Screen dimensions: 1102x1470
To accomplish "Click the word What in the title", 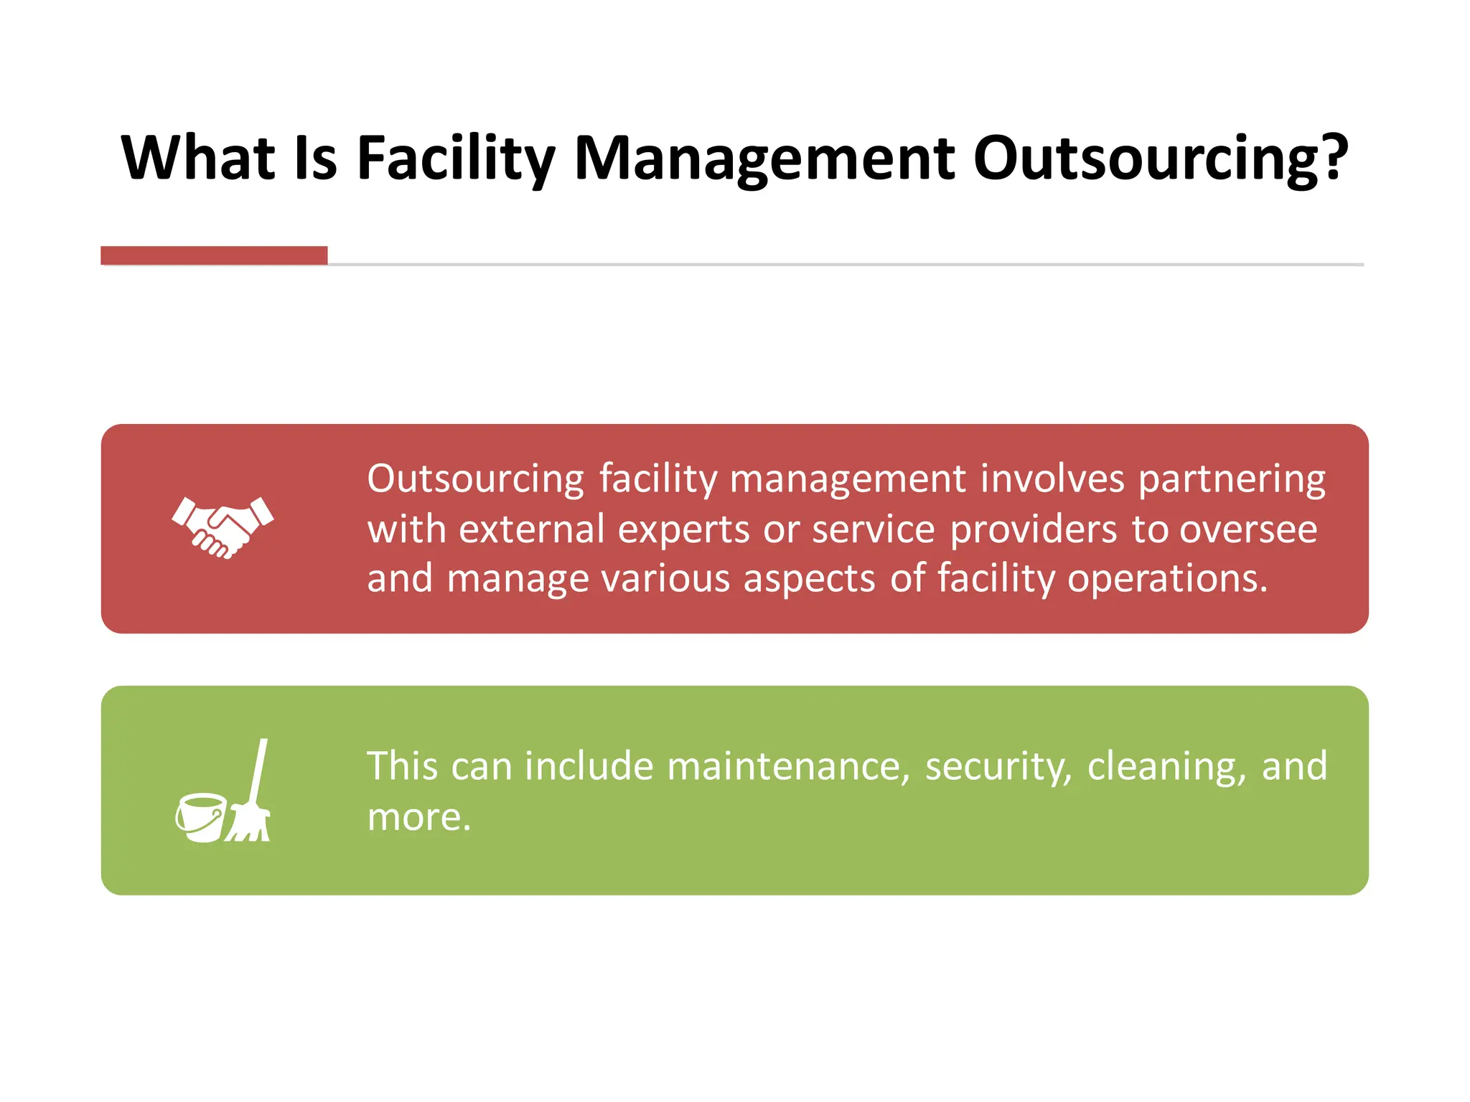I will pyautogui.click(x=198, y=157).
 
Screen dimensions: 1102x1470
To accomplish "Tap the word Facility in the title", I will pyautogui.click(x=456, y=159).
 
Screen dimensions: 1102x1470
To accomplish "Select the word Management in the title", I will pyautogui.click(x=764, y=159).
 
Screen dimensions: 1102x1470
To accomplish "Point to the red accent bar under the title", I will pyautogui.click(x=214, y=255).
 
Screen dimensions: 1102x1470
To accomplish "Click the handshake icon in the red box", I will pyautogui.click(x=223, y=527).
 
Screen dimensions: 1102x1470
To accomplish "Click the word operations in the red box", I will pyautogui.click(x=1167, y=578).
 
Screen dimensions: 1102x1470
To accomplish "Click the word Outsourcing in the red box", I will pyautogui.click(x=476, y=479).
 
